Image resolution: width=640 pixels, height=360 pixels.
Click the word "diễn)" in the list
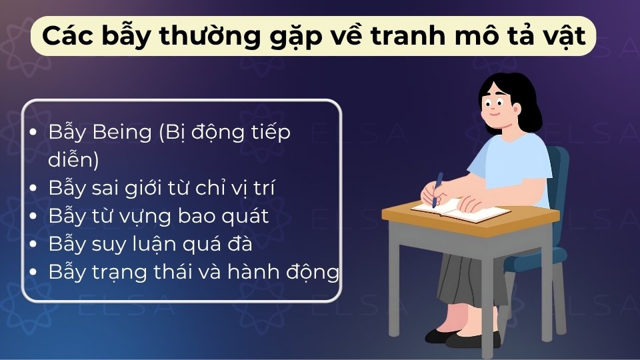click(73, 161)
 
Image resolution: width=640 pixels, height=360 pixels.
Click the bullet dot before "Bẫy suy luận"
click(34, 245)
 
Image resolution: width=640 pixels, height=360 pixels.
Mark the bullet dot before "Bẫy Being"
click(34, 133)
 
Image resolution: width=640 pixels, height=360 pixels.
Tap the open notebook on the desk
click(460, 211)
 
